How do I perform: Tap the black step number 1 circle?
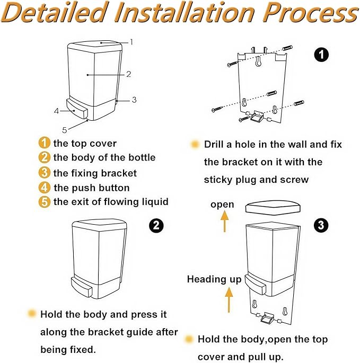[321, 55]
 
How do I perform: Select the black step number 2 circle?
[156, 225]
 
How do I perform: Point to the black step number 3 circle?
[321, 225]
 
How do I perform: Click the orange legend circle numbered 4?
[44, 188]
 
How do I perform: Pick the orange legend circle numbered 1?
[44, 143]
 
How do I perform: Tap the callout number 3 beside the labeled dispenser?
[134, 100]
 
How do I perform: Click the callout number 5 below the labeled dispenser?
[64, 130]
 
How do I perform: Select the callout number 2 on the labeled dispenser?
[128, 74]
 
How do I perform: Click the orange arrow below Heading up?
[229, 300]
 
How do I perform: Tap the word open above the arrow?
[222, 205]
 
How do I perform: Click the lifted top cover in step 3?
[273, 207]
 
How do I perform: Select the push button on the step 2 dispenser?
[82, 287]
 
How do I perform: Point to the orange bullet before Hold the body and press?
[31, 314]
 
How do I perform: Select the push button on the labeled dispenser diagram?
[77, 109]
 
